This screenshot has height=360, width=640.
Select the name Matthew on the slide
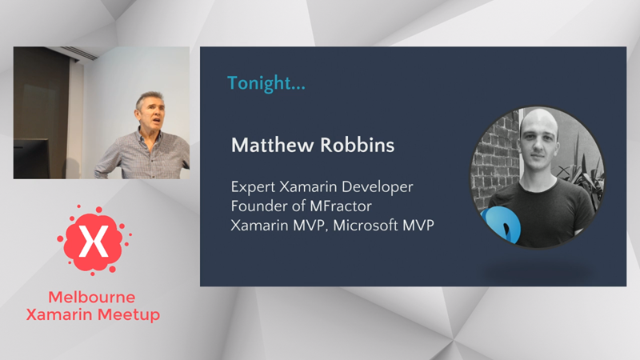coord(273,145)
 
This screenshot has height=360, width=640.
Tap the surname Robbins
coord(357,145)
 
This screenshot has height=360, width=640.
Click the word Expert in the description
coord(253,187)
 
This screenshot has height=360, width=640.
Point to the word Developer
coord(378,187)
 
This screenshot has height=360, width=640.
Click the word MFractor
coord(341,206)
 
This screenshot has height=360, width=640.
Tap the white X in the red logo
coord(94,242)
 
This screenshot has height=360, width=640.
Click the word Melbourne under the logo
coord(92,297)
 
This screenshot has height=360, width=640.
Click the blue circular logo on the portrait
coord(502,226)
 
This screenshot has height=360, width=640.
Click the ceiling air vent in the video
coord(79,53)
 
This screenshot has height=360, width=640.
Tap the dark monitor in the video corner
coord(31,158)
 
